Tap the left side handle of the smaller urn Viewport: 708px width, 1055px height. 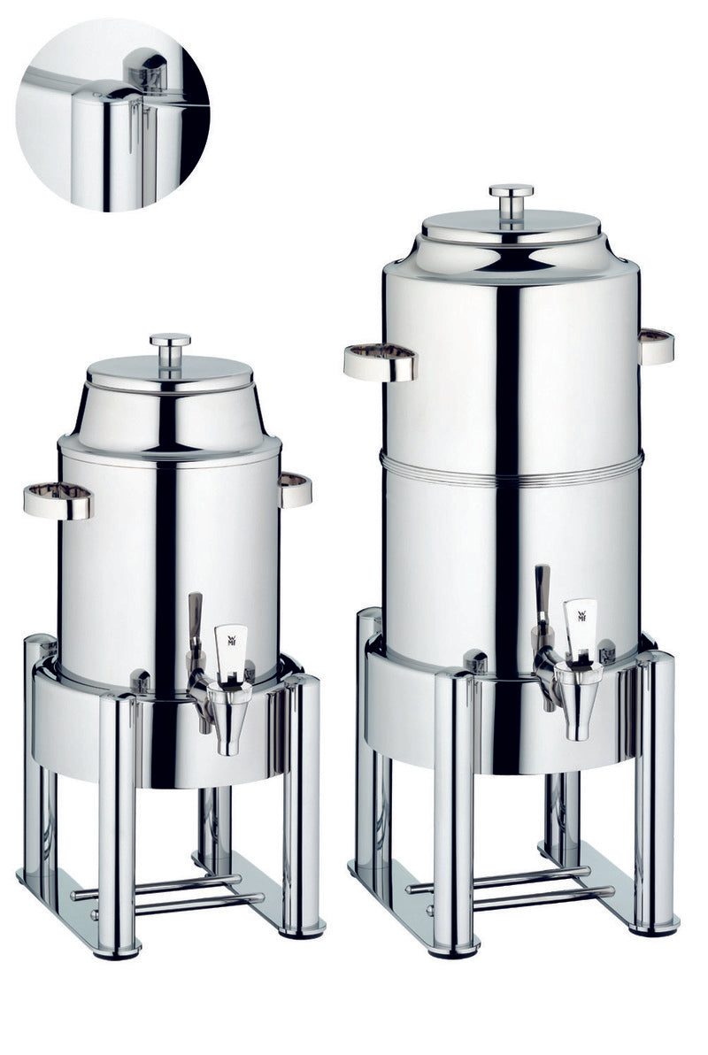pos(58,500)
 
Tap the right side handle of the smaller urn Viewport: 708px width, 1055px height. pos(296,489)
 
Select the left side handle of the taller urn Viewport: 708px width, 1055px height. pos(380,362)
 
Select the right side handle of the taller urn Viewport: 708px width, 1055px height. pos(656,346)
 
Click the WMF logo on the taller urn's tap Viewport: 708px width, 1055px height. pos(581,617)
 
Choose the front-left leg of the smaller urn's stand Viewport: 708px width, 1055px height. pos(117,823)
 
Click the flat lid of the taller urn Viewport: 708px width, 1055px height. pos(512,225)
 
